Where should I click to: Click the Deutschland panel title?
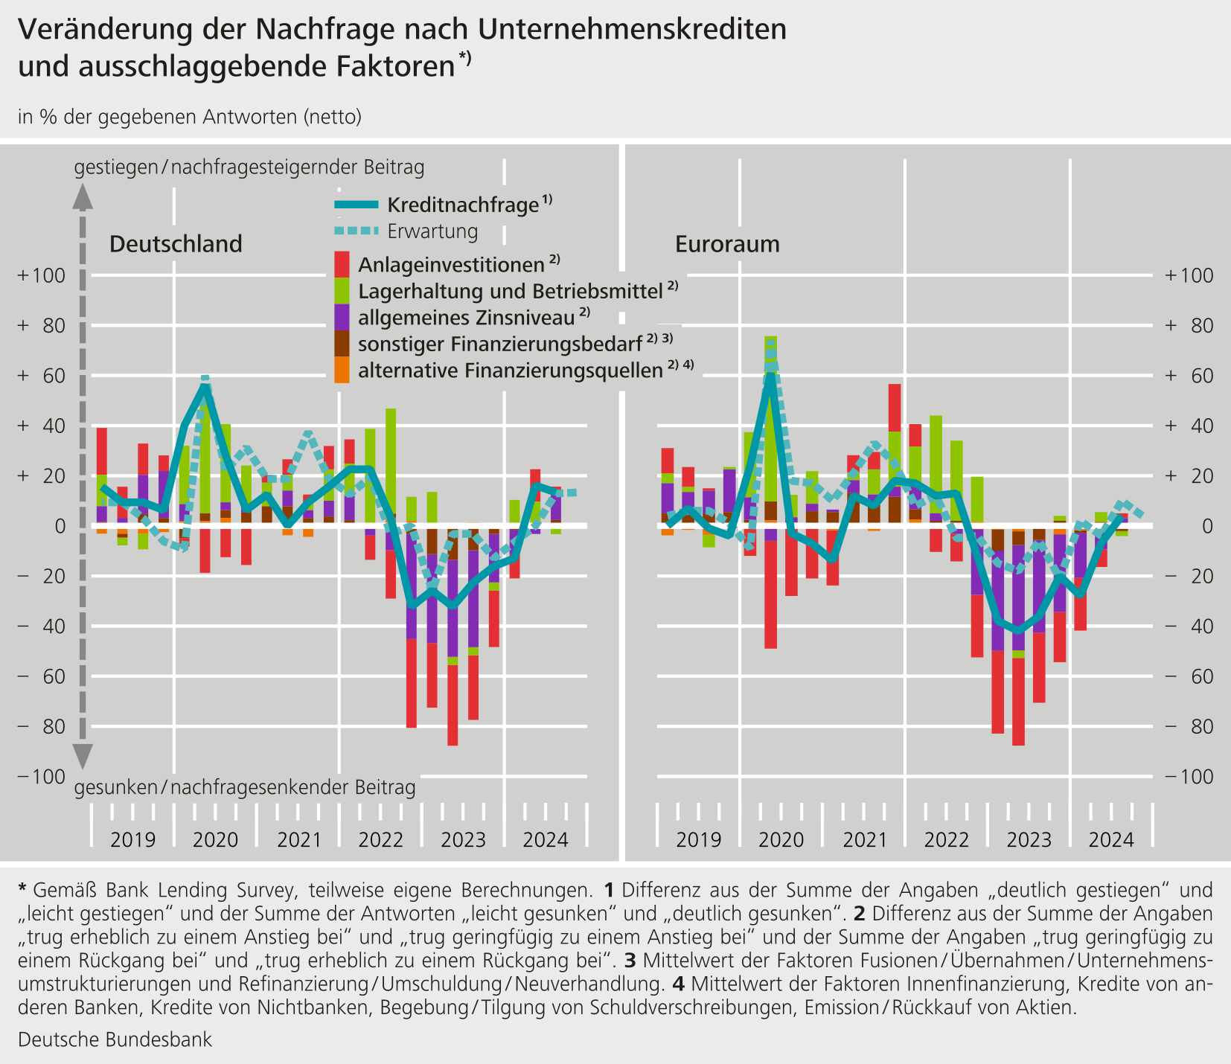click(x=176, y=244)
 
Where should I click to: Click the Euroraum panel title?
click(x=727, y=244)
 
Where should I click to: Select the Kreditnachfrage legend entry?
click(x=444, y=205)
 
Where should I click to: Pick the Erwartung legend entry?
click(x=406, y=231)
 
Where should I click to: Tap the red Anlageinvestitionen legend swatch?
click(x=342, y=264)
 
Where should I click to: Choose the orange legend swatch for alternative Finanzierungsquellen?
click(x=342, y=370)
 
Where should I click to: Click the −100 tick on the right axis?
click(x=1189, y=777)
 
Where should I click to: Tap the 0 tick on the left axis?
click(x=60, y=526)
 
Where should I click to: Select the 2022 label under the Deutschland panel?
click(x=380, y=840)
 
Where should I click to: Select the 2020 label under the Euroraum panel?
click(x=781, y=840)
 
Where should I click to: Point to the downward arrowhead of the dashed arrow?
click(x=83, y=755)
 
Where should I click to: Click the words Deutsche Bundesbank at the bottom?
click(x=115, y=1039)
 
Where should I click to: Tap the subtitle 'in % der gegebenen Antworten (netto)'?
click(x=190, y=117)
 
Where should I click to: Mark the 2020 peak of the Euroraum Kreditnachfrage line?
click(x=772, y=374)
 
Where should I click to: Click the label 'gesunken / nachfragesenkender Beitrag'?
click(x=245, y=787)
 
